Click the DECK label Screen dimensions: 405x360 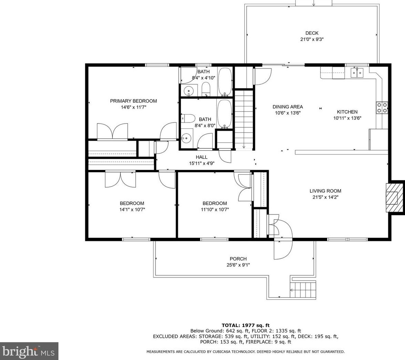[312, 33]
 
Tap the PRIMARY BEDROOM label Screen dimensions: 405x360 [134, 101]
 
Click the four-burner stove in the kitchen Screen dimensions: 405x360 [382, 108]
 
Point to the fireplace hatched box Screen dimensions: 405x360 [394, 197]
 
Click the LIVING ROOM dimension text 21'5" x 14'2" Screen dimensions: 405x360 [326, 197]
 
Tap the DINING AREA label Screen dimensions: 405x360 [288, 106]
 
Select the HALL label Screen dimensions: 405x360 [201, 157]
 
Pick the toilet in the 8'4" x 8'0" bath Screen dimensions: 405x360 [188, 118]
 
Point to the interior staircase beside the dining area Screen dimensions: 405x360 [244, 119]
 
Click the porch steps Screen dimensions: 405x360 [303, 290]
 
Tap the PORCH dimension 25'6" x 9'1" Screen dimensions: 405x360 [238, 265]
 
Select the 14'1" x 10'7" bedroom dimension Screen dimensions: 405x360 [132, 210]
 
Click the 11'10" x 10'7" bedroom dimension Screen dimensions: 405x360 [215, 210]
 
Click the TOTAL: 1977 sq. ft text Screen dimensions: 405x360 [246, 325]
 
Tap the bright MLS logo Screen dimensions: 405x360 [29, 351]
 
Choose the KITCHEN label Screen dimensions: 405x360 [347, 112]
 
